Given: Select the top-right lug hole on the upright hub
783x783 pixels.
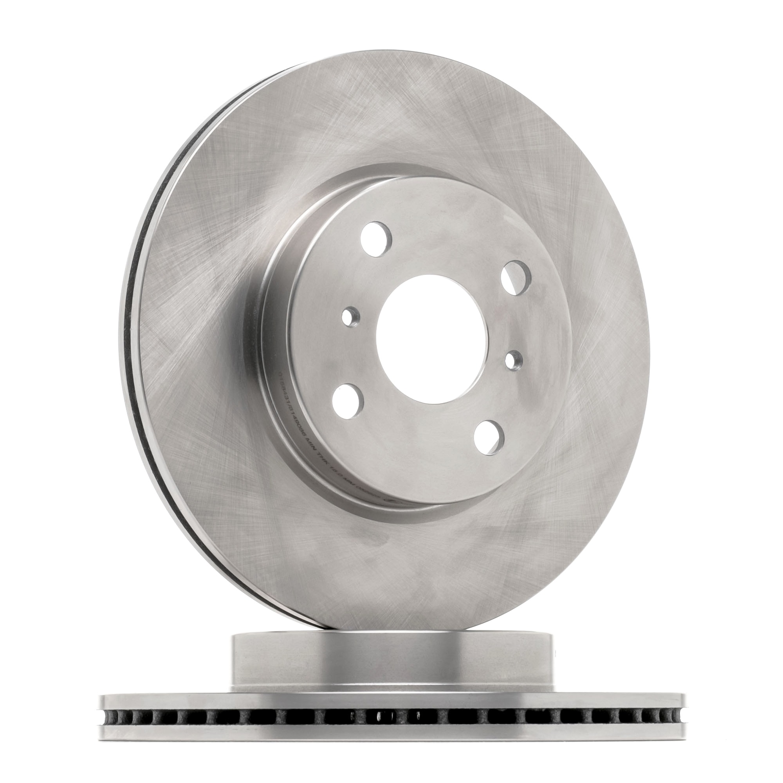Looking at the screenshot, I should (516, 278).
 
